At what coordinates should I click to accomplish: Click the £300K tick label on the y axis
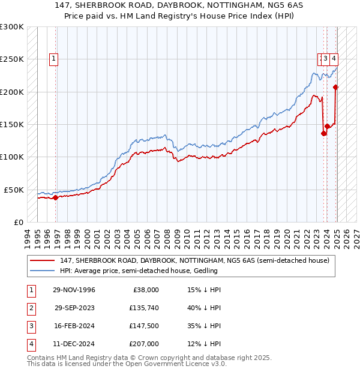pyautogui.click(x=12, y=27)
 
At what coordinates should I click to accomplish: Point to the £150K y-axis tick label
pyautogui.click(x=12, y=124)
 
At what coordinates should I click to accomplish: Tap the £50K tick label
pyautogui.click(x=14, y=190)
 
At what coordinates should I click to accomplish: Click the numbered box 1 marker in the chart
pyautogui.click(x=54, y=59)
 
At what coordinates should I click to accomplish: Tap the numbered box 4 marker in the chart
pyautogui.click(x=333, y=59)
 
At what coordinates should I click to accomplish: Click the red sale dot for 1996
pyautogui.click(x=55, y=197)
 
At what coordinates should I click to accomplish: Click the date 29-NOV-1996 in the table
pyautogui.click(x=74, y=290)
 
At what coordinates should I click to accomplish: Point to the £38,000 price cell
pyautogui.click(x=145, y=290)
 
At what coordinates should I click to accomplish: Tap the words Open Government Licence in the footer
pyautogui.click(x=181, y=364)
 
